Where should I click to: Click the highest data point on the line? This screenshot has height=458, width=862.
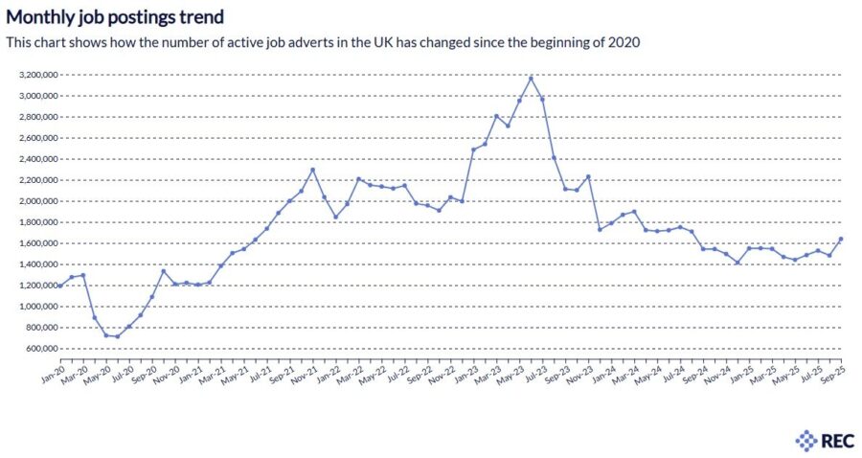click(x=532, y=78)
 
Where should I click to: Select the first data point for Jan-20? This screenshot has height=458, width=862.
click(x=60, y=286)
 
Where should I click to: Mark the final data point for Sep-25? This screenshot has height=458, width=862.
click(x=841, y=239)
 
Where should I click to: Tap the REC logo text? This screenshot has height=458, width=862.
click(x=833, y=441)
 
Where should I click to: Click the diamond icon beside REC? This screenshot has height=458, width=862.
click(x=805, y=441)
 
